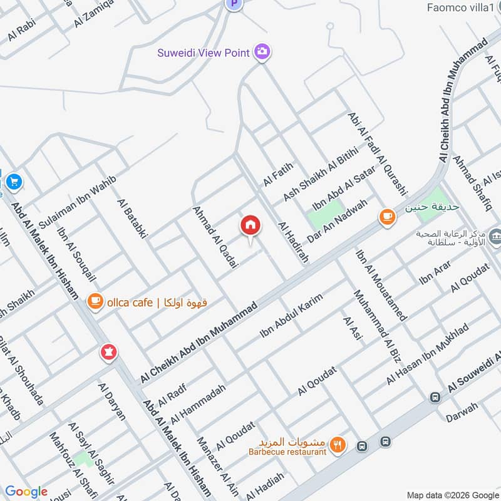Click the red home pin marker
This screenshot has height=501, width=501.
tap(250, 225)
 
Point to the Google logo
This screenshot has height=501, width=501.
tap(26, 492)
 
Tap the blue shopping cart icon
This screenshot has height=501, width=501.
tap(14, 182)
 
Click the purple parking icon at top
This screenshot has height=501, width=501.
tap(234, 4)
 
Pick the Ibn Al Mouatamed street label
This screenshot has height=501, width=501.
tap(381, 285)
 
